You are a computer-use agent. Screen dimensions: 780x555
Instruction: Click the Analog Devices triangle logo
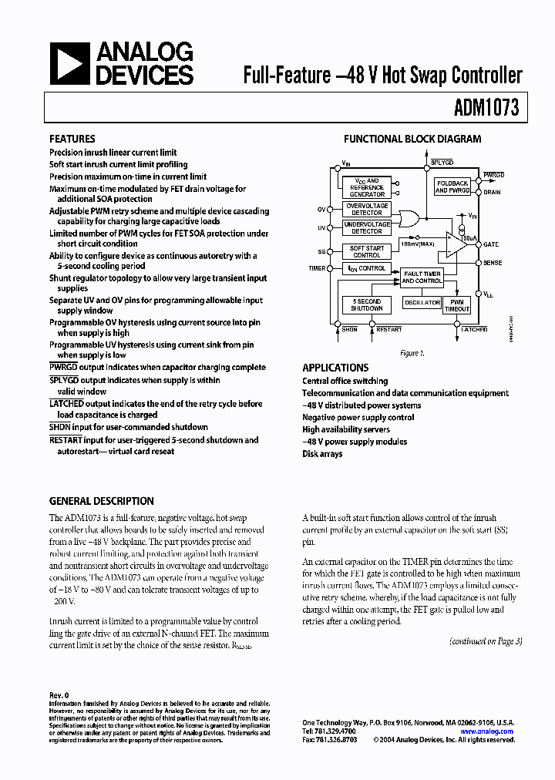click(70, 63)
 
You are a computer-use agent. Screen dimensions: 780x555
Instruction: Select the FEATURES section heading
click(72, 140)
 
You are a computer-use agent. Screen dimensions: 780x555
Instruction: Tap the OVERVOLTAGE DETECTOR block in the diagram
click(367, 209)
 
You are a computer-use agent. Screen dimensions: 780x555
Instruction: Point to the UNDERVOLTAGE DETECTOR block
click(367, 227)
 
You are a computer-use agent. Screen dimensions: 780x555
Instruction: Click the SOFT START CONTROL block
click(367, 251)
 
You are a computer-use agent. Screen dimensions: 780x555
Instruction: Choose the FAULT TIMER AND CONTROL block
click(422, 277)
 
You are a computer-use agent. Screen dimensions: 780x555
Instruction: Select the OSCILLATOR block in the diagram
click(422, 303)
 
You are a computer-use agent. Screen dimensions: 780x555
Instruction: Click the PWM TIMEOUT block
click(456, 304)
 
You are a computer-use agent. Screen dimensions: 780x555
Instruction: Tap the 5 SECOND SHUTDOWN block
click(367, 304)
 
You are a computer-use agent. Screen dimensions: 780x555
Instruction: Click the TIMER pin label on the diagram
click(317, 269)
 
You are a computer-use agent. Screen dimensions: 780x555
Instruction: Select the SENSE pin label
click(493, 263)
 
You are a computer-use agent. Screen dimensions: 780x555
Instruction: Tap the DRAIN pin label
click(492, 192)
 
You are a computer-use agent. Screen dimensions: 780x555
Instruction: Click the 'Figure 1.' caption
click(412, 353)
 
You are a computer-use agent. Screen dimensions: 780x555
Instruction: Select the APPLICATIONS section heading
click(335, 368)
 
